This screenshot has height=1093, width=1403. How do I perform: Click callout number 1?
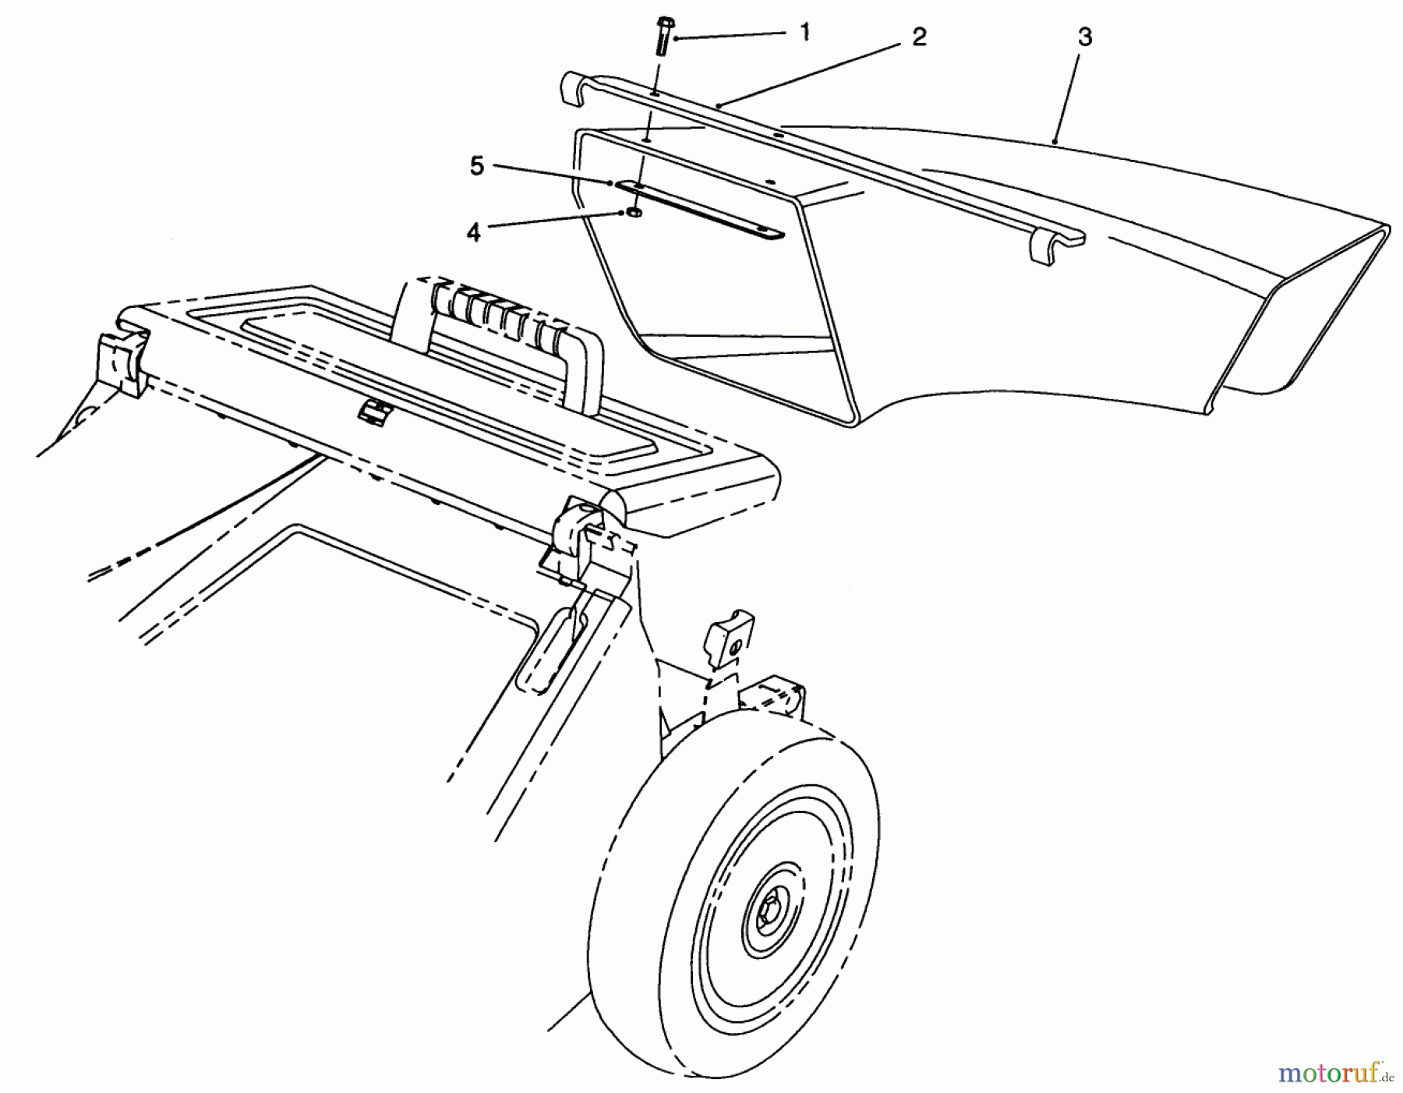click(805, 32)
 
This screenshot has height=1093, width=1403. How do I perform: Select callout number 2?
click(919, 37)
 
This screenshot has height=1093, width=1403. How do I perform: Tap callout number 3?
click(1084, 37)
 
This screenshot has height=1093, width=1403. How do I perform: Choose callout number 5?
click(476, 165)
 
